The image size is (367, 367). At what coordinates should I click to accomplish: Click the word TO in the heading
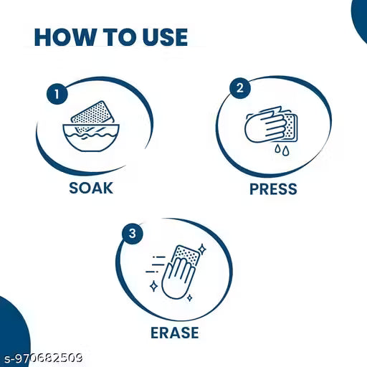[120, 37]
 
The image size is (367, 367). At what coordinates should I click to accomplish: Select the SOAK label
[91, 188]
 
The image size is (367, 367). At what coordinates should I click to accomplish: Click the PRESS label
[273, 189]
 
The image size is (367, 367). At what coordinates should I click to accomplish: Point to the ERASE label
[175, 333]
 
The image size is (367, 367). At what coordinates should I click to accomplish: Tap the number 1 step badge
[57, 94]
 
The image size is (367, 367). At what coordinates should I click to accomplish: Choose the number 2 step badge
[240, 88]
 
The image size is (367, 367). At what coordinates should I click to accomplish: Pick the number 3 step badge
[133, 234]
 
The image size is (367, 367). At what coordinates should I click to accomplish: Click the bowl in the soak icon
[91, 138]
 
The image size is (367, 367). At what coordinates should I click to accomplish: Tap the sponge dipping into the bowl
[92, 117]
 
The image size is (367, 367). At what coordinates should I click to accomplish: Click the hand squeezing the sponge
[267, 125]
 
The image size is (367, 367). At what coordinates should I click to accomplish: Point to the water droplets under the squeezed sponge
[282, 150]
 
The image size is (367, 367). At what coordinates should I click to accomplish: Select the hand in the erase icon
[178, 278]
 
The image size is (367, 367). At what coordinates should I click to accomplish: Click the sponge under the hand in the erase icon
[186, 256]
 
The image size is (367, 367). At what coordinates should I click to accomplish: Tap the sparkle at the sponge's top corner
[202, 249]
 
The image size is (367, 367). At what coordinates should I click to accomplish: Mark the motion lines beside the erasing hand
[156, 264]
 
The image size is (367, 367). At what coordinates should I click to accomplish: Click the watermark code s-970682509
[44, 358]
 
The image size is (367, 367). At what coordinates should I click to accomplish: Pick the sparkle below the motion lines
[153, 286]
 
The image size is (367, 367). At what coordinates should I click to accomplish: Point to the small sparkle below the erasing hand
[190, 297]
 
